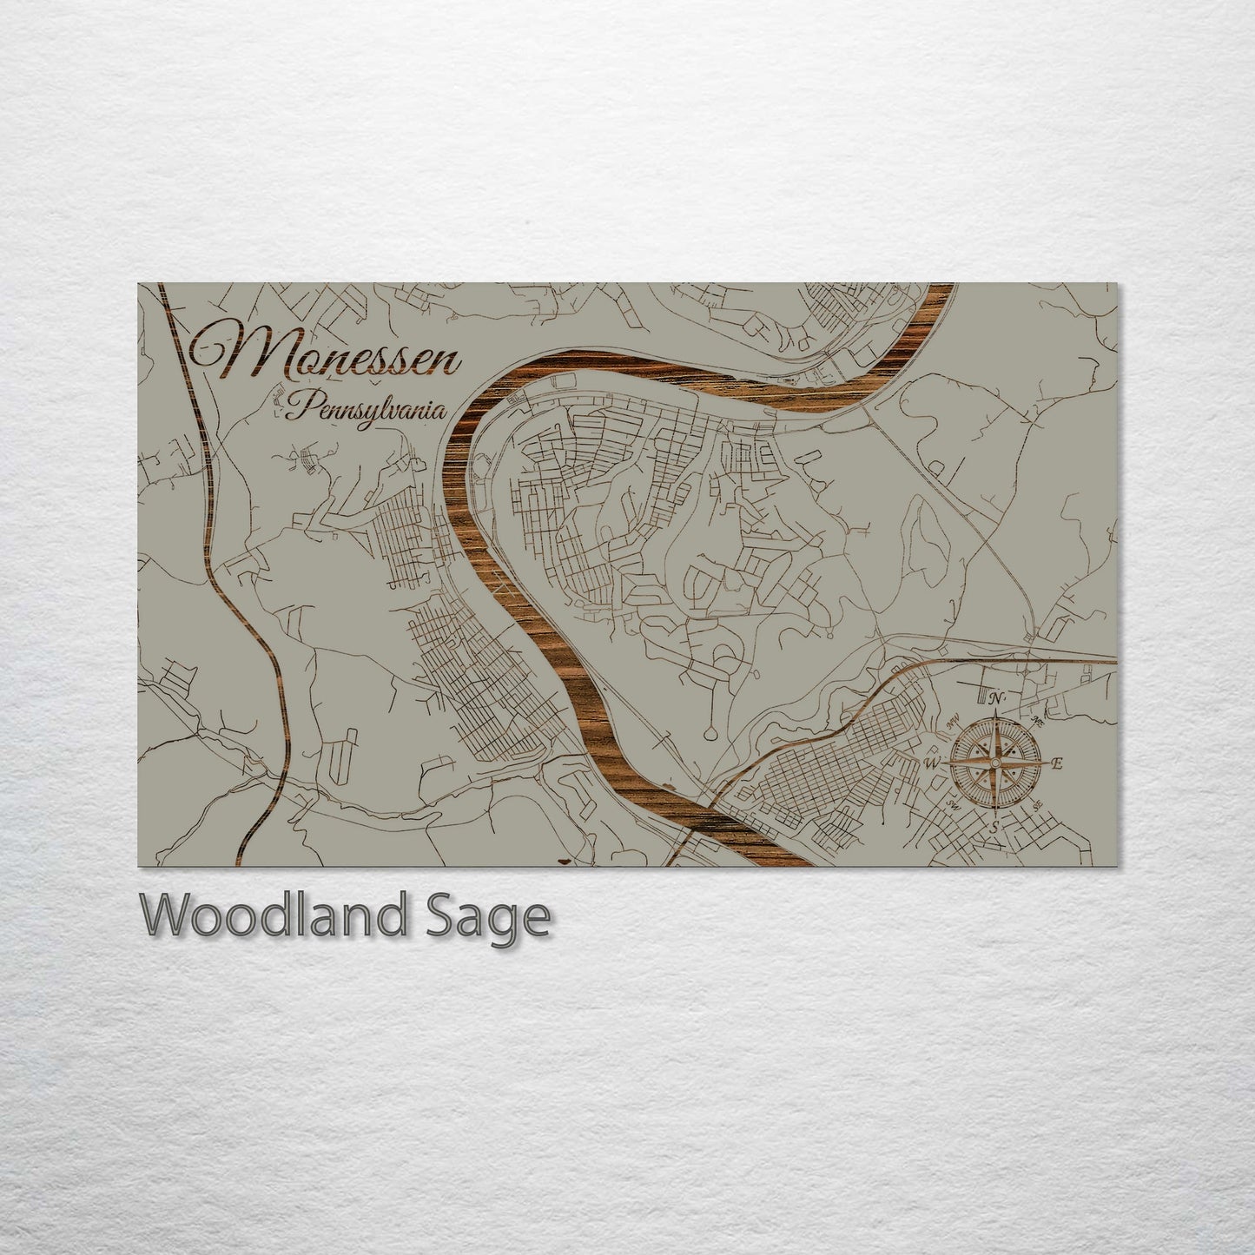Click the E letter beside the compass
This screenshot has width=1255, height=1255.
(x=1057, y=764)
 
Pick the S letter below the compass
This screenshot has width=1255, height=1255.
(x=995, y=828)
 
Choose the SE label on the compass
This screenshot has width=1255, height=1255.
(x=1039, y=807)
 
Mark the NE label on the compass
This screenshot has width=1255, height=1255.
(x=1036, y=719)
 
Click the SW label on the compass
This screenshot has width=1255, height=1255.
(x=953, y=805)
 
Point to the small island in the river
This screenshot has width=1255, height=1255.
(x=669, y=789)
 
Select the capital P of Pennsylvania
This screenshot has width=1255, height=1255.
(x=301, y=406)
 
